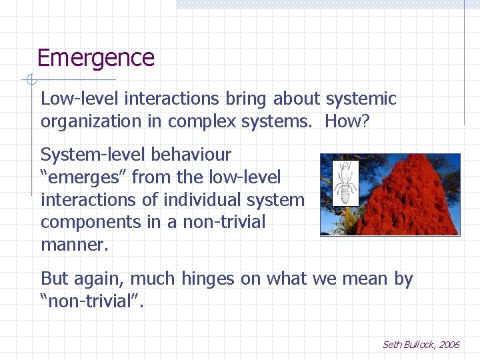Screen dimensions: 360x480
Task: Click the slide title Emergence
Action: click(x=95, y=58)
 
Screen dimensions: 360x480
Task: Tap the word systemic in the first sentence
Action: click(x=361, y=99)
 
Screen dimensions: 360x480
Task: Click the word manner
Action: click(x=73, y=245)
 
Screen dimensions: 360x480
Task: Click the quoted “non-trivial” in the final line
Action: click(x=91, y=301)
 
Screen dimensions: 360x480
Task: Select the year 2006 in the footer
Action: click(x=449, y=345)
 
